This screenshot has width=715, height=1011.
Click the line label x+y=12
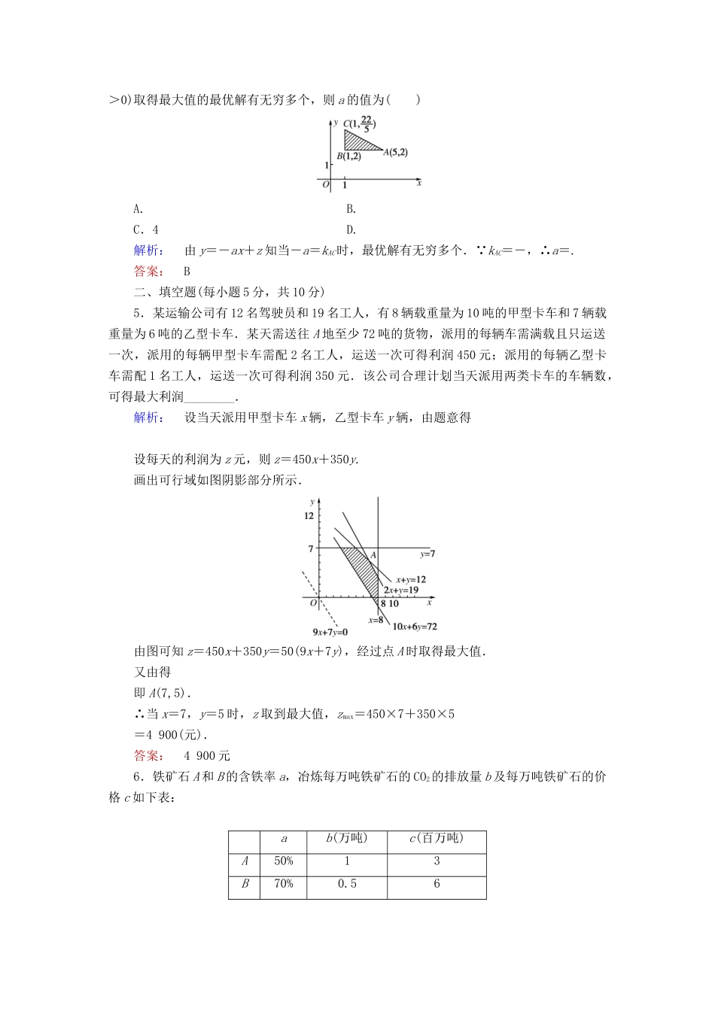pos(411,579)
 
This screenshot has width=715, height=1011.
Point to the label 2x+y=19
pos(400,591)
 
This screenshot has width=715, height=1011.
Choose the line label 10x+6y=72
pos(415,626)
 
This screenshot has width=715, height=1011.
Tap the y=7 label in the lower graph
pos(427,554)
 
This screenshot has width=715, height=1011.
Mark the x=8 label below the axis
pos(376,620)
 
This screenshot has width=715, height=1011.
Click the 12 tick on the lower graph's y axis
pos(309,516)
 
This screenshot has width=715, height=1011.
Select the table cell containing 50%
pos(284,861)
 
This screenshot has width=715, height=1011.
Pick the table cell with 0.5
pos(347,884)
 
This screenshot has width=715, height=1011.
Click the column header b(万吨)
pos(347,839)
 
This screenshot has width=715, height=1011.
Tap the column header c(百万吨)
pos(437,839)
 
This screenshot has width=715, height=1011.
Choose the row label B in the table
pos(245,884)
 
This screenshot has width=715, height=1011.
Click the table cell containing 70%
pos(284,884)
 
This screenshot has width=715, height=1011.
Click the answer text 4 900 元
pos(207,756)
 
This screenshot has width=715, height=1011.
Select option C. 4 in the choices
pos(146,230)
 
